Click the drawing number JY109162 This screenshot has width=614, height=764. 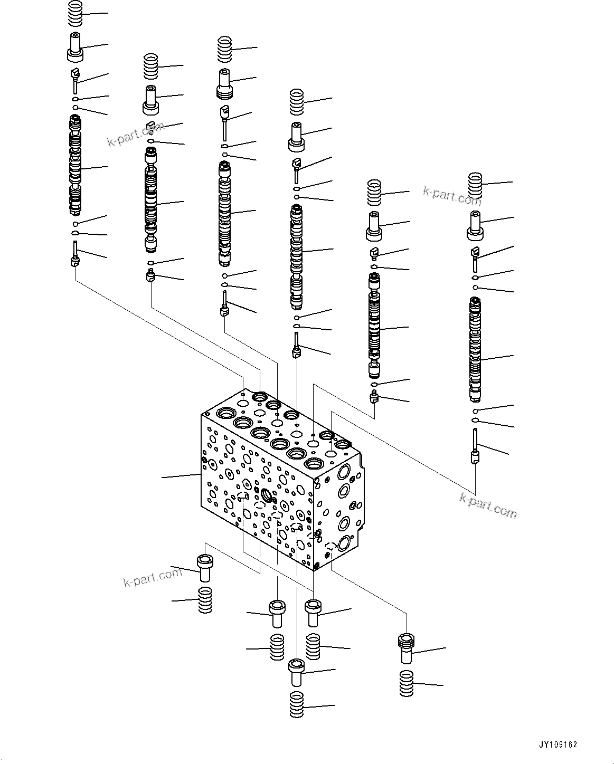[x=558, y=745]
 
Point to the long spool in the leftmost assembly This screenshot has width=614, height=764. [x=76, y=166]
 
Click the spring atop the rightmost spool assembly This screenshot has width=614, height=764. [x=477, y=184]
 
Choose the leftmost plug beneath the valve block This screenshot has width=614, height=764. [x=204, y=568]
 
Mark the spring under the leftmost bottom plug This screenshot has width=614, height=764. [x=205, y=600]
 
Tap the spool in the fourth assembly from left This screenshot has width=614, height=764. [x=297, y=256]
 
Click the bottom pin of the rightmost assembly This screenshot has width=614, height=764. [x=475, y=447]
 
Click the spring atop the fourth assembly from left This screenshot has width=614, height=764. [x=297, y=102]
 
